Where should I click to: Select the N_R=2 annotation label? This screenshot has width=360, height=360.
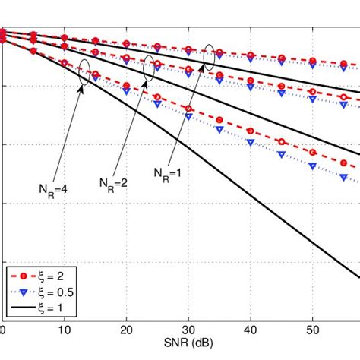tap(112, 182)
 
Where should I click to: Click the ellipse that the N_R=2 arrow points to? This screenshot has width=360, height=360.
tap(151, 68)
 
